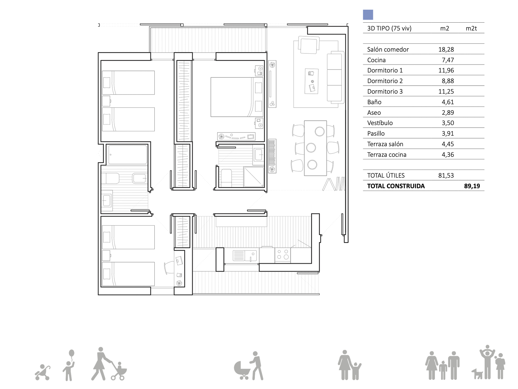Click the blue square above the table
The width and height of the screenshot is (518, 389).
coord(368,15)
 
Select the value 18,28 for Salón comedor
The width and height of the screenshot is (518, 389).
coord(446,49)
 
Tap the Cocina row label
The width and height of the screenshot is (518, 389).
coord(376,60)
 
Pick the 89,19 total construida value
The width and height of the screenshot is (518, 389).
coord(472,186)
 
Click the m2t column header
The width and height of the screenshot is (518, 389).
coord(471,29)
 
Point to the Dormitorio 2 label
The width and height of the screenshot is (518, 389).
coord(385,81)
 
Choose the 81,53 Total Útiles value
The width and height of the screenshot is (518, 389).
coord(446,175)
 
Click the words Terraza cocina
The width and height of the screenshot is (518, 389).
coord(387,155)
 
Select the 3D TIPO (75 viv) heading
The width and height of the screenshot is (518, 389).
coord(389,29)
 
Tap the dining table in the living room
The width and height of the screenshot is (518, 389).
coord(315,148)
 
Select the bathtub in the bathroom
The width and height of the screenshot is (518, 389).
coord(128,155)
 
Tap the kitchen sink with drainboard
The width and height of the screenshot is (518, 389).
coord(245,255)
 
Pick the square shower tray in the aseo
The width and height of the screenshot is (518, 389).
coord(254,177)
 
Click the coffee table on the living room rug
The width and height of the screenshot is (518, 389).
coord(311,81)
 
